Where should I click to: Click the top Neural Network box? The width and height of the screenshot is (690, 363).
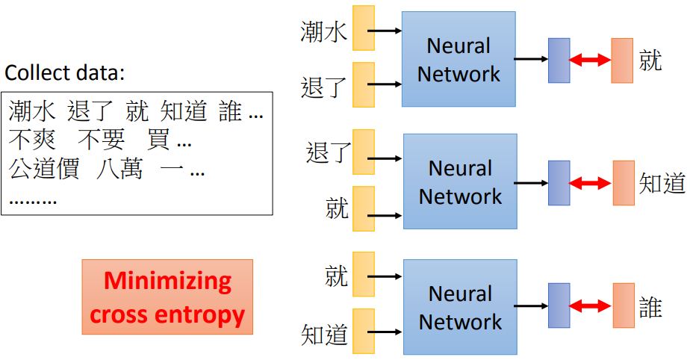459,60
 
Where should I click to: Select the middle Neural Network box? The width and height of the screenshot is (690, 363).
460,181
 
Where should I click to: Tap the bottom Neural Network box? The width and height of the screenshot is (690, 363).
460,307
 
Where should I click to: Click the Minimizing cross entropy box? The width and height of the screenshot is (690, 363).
167,297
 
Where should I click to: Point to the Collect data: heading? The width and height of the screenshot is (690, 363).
64,74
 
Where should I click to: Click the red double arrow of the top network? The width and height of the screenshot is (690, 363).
590,60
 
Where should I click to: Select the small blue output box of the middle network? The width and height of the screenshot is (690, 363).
559,183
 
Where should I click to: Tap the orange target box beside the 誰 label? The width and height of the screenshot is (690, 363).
624,305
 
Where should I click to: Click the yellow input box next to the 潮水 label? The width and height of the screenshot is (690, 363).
363,28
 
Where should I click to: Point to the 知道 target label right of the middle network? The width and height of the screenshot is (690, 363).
662,183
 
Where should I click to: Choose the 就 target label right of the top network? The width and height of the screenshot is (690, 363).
650,60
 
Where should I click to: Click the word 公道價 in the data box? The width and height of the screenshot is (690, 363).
44,170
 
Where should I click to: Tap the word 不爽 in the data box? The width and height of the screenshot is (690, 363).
31,140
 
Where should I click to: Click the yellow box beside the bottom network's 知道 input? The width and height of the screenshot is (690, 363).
363,331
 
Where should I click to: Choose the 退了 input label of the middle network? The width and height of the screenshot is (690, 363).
328,153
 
